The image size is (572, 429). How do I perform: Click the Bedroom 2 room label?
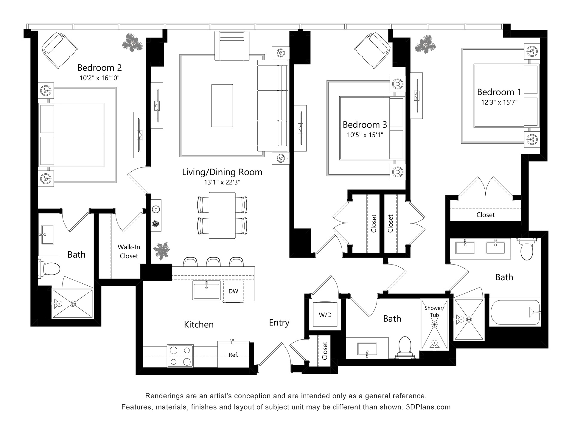pos(100,68)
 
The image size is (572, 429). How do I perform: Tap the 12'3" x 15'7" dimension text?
pos(499,102)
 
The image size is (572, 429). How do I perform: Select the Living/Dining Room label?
pos(222,172)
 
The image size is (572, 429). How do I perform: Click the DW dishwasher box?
pos(233,291)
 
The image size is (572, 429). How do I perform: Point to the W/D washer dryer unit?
pos(325,315)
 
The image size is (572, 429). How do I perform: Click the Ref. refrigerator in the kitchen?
pos(233,354)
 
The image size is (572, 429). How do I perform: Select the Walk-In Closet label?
pos(129,251)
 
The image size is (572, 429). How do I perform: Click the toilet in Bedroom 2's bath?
pos(49,269)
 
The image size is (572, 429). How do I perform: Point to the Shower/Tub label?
pos(434,311)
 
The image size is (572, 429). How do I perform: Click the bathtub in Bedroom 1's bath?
pos(515,312)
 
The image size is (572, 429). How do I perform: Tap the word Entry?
pos(279,323)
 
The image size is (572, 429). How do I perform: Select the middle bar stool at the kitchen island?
pos(214,262)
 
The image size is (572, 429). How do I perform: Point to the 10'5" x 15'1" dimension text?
pos(365,135)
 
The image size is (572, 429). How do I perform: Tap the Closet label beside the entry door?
pos(325,351)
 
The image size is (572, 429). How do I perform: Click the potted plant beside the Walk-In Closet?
pos(161,251)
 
